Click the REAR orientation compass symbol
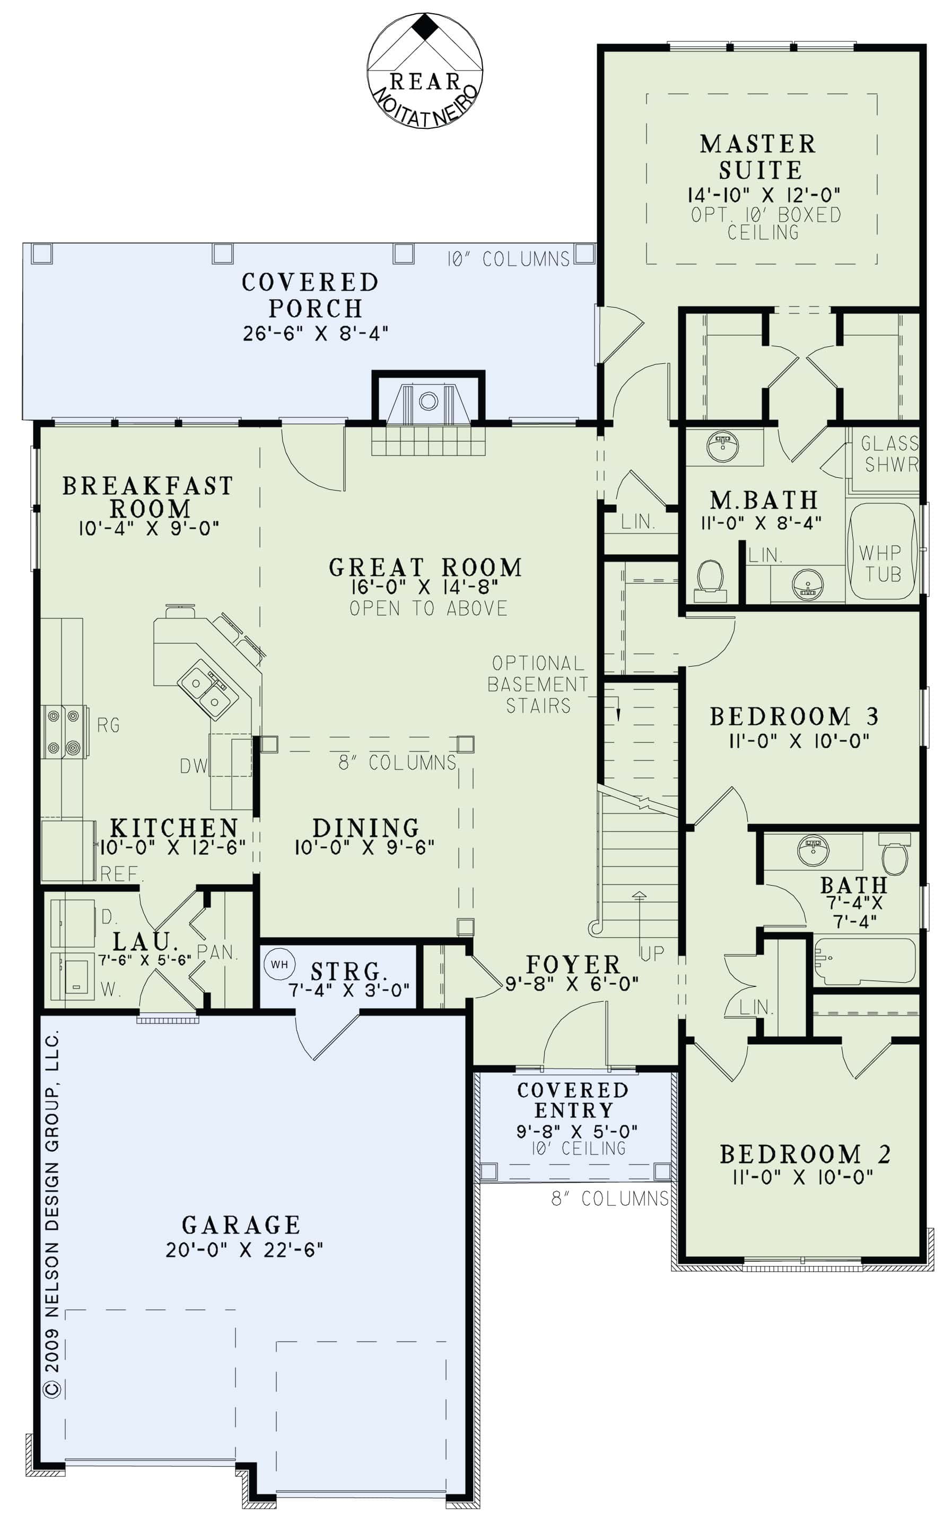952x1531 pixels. click(425, 71)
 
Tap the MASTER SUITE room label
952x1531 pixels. click(759, 157)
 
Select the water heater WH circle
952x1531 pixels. click(280, 965)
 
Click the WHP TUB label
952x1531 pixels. click(881, 563)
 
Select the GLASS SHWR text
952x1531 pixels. click(889, 454)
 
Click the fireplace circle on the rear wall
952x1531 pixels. click(428, 400)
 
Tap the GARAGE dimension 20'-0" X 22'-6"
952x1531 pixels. click(244, 1249)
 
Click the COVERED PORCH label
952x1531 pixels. click(311, 295)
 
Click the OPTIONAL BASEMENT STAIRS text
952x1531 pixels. click(538, 684)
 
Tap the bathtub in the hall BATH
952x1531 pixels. click(865, 961)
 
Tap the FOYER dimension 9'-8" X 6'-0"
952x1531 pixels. click(572, 984)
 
